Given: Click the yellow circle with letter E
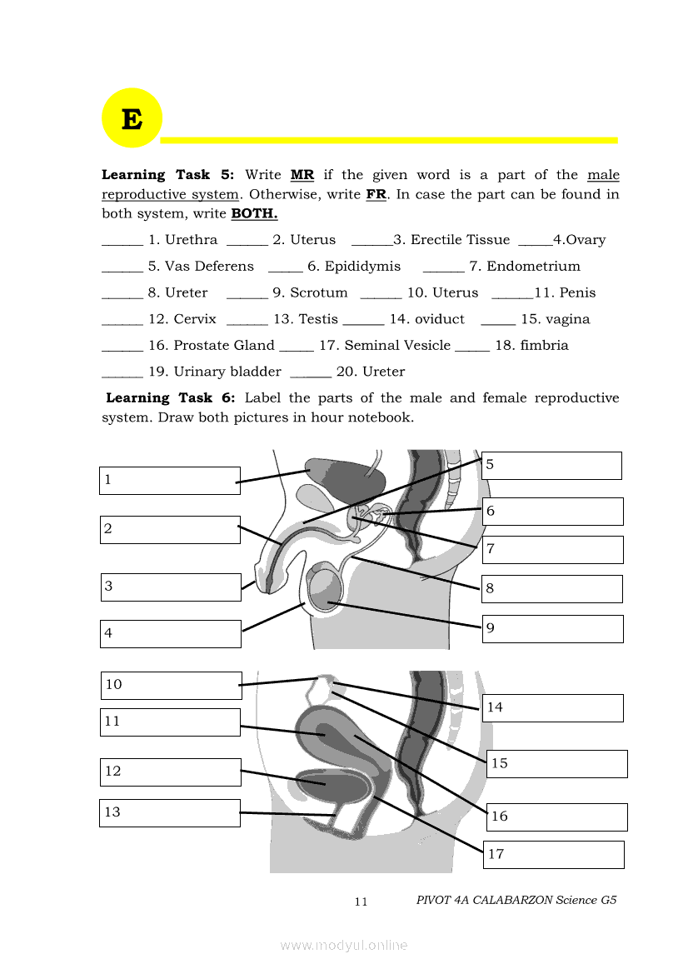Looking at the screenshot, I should point(131,118).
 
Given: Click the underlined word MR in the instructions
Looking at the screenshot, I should point(302,175).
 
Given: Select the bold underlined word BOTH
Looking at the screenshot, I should point(254,213).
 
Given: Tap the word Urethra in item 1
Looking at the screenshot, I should point(191,240).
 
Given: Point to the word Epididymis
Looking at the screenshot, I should point(362,267).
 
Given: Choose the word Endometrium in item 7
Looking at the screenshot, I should point(533,267).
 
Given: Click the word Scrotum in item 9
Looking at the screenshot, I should point(319,293).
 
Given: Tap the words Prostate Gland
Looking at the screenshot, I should point(223,346).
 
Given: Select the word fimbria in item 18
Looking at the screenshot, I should point(544,346).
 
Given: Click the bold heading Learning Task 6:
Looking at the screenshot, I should point(171,398).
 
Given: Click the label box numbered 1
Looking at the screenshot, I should point(170,481).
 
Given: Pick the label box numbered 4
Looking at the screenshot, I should point(171,634).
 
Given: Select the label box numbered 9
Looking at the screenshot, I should point(552,629).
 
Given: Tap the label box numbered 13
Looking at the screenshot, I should point(170,813).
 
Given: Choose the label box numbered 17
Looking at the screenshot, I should point(553,855).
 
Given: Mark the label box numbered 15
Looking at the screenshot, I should point(557,764).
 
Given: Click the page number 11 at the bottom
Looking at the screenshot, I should point(361,902).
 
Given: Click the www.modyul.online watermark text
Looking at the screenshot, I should point(344,946).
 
